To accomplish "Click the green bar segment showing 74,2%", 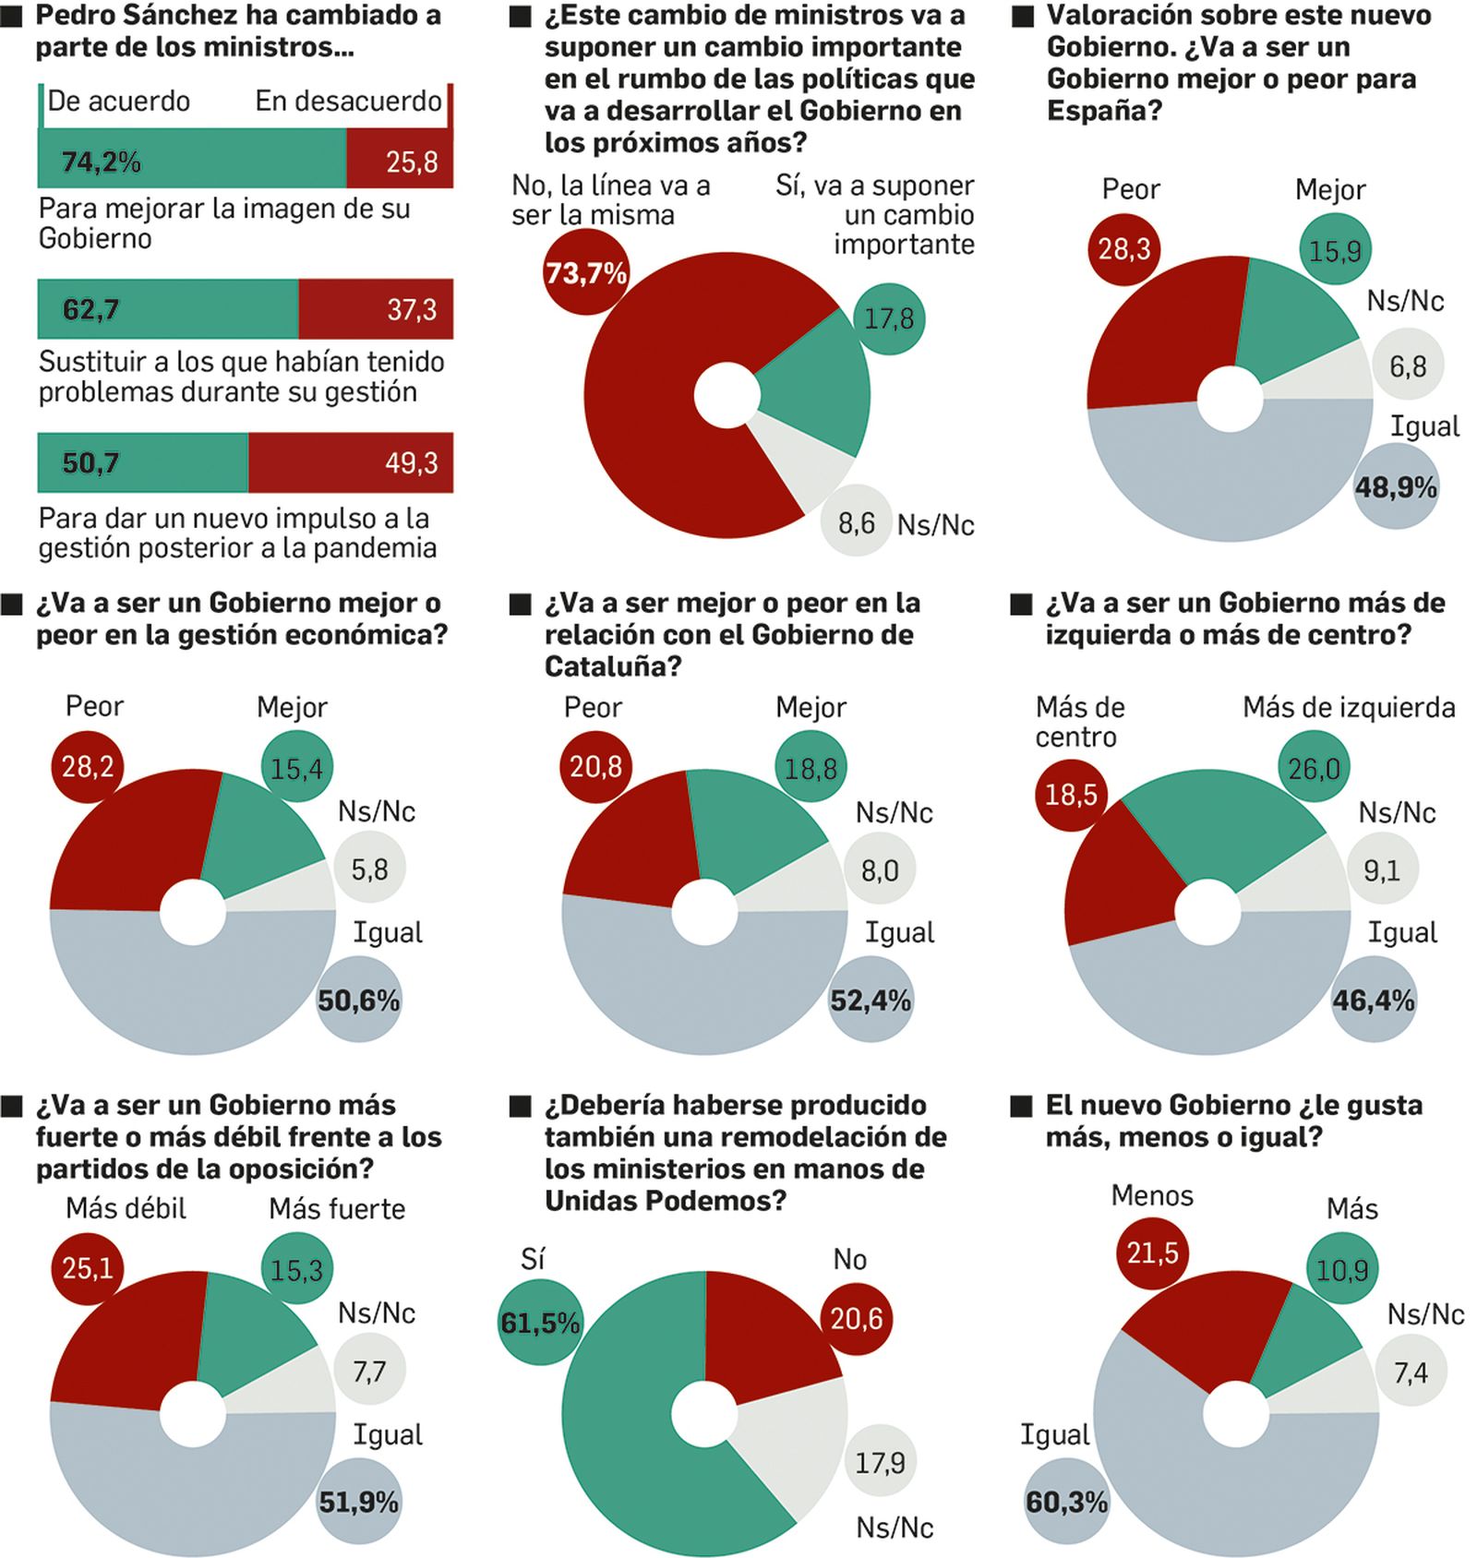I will tap(192, 159).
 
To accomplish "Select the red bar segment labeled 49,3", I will tap(351, 462).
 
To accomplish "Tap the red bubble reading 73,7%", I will tap(586, 272).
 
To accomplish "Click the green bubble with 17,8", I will tap(888, 318).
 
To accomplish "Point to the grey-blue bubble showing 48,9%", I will tap(1395, 486).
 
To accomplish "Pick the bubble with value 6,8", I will tap(1408, 366).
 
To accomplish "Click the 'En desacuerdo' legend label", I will tap(348, 101).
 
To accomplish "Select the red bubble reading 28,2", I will tap(88, 766).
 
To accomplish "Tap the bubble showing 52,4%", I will tap(870, 1000).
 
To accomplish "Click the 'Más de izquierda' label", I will tap(1348, 707).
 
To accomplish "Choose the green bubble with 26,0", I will tap(1313, 767).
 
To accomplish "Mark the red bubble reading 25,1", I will tap(88, 1268).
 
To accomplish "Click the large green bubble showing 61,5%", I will tap(540, 1323).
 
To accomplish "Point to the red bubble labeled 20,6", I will tap(856, 1318).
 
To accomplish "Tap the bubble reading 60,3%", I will tap(1066, 1501).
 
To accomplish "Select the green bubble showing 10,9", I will tap(1341, 1270).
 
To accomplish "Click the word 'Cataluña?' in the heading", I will tap(613, 665).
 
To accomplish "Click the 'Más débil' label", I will tap(126, 1208).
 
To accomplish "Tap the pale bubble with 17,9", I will tap(879, 1461).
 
